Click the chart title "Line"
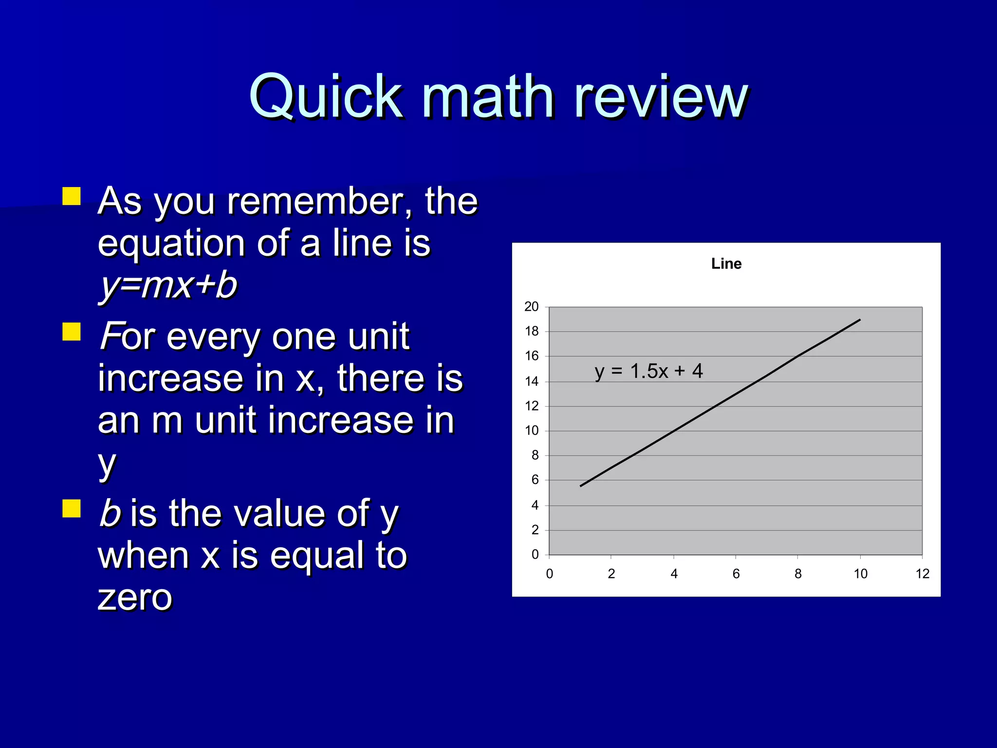726,263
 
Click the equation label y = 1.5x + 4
648,371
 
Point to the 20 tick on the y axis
531,306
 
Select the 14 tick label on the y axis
532,381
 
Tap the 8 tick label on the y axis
535,455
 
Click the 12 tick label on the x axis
922,574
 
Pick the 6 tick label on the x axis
736,574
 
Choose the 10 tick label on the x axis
860,574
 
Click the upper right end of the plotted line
860,320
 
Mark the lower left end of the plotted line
581,486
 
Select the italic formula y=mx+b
168,285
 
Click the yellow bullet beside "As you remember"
72,196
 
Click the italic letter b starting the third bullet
110,513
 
